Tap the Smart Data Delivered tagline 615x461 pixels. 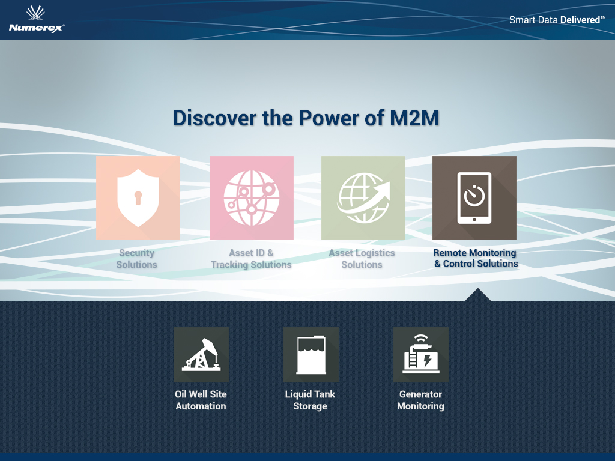click(x=557, y=20)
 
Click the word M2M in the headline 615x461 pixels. click(x=414, y=118)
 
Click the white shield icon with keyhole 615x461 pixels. click(x=138, y=198)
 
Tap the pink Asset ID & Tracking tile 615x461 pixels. click(x=252, y=198)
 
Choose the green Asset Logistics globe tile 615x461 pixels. click(x=363, y=198)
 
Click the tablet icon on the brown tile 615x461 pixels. click(x=474, y=198)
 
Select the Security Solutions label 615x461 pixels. click(x=136, y=259)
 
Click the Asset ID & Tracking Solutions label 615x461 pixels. click(x=252, y=259)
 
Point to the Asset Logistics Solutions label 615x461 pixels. click(x=362, y=259)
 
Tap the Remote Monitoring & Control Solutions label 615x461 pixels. click(x=476, y=258)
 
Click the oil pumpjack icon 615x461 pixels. click(x=201, y=355)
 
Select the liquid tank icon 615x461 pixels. click(x=311, y=355)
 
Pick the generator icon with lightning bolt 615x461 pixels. click(x=421, y=354)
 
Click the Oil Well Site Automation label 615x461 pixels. click(x=201, y=400)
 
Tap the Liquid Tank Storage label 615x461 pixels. click(x=311, y=400)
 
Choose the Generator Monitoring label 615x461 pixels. click(x=420, y=400)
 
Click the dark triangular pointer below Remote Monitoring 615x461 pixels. click(x=477, y=295)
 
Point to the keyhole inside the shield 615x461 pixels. click(x=138, y=198)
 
